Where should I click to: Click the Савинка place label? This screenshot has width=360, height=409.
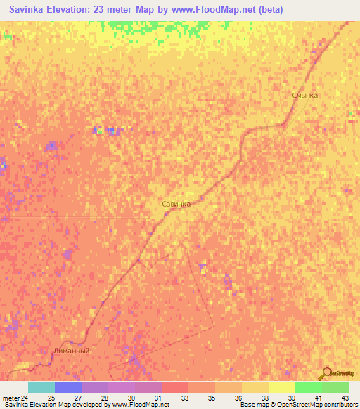pos(176,204)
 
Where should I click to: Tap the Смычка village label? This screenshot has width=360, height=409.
pos(305,94)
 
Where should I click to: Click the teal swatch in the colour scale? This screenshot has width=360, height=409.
pos(41,387)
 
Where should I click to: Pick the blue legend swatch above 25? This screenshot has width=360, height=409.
pos(68,387)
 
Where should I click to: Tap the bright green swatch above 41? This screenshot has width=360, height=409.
pos(309,387)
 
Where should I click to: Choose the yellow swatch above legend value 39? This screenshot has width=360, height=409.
pos(282,387)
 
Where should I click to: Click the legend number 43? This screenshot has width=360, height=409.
pos(345,398)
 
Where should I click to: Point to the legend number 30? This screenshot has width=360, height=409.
pos(130,398)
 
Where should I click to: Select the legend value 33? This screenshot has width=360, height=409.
pos(185,398)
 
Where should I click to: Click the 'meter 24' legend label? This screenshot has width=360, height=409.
pos(16,398)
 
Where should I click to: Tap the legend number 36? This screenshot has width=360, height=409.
pos(238,398)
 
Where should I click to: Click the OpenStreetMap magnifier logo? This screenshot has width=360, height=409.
pos(328,373)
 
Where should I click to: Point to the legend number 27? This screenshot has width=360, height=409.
pos(77,398)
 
